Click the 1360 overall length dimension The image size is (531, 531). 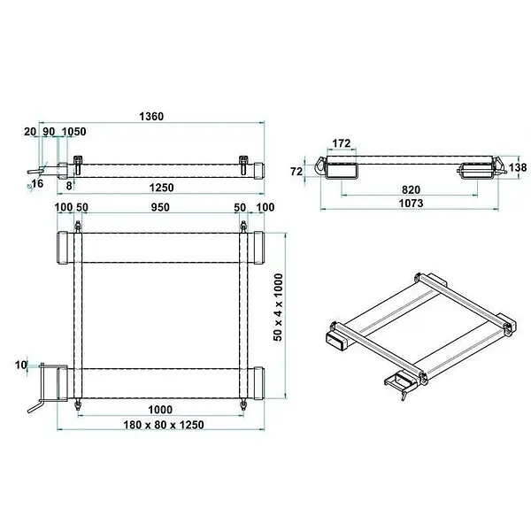click(x=151, y=117)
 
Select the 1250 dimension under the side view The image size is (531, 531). click(x=162, y=188)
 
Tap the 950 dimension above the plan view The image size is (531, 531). click(x=160, y=207)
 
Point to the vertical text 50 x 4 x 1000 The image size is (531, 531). click(x=278, y=307)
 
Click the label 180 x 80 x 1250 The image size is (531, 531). click(x=164, y=425)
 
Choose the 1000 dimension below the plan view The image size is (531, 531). click(x=160, y=410)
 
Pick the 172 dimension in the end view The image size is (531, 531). click(x=341, y=143)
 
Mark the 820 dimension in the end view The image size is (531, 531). click(x=411, y=189)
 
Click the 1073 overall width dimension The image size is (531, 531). click(x=411, y=204)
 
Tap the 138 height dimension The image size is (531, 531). click(x=518, y=167)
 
